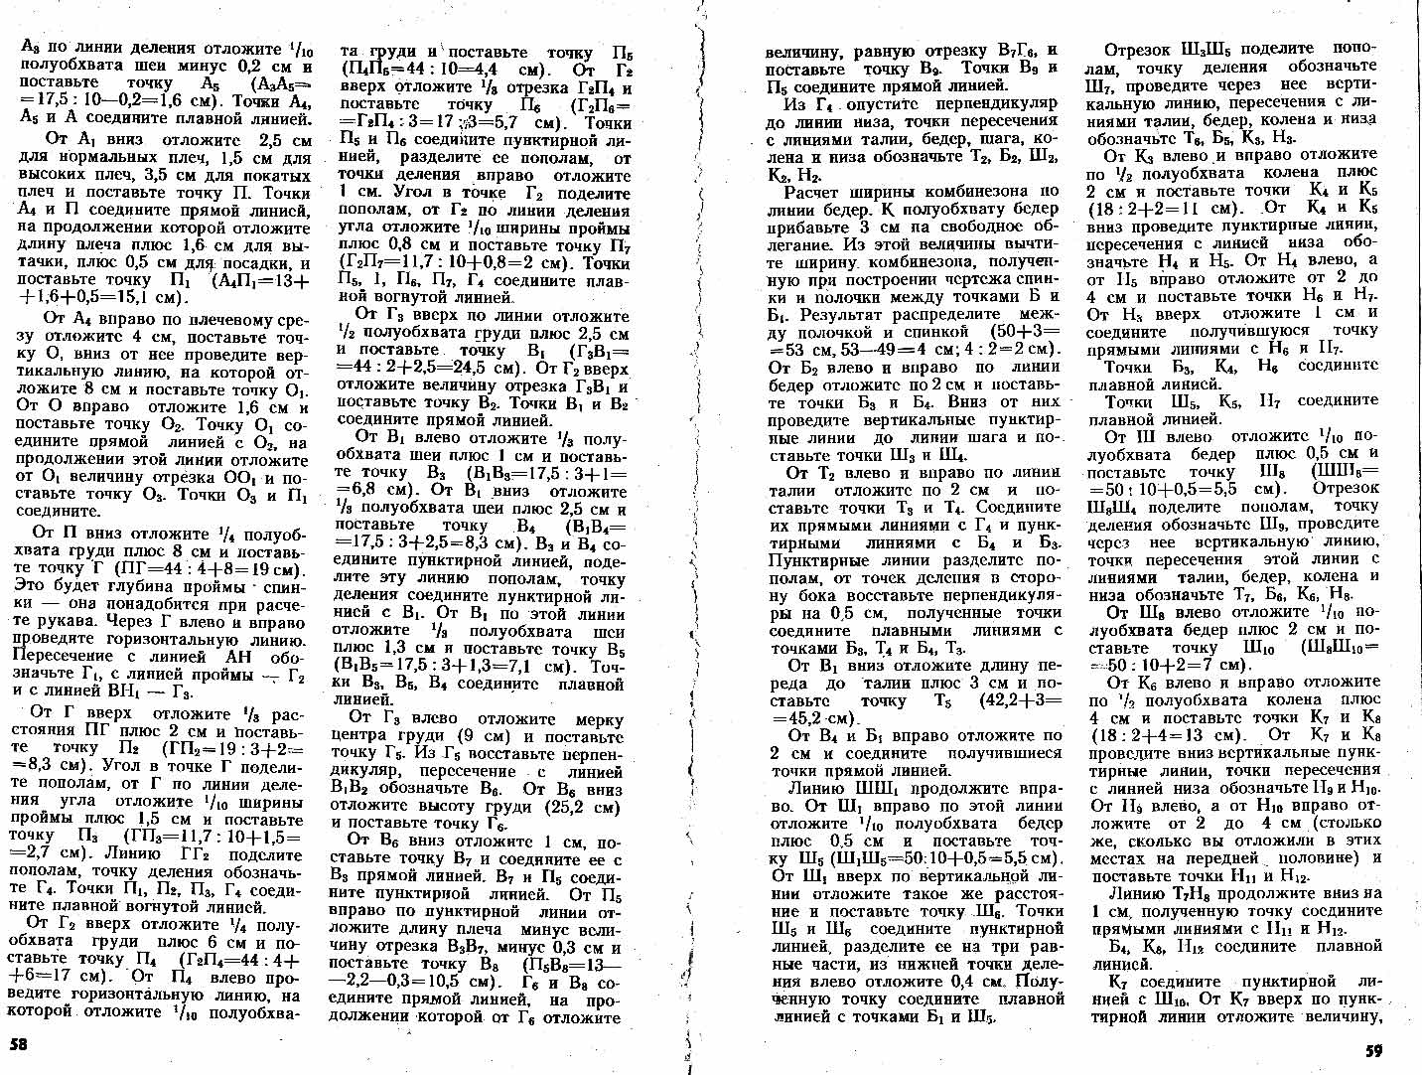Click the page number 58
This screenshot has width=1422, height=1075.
tap(18, 1045)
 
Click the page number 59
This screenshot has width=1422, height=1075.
tap(1373, 1051)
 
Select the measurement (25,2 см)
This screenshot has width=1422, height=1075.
tap(584, 807)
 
